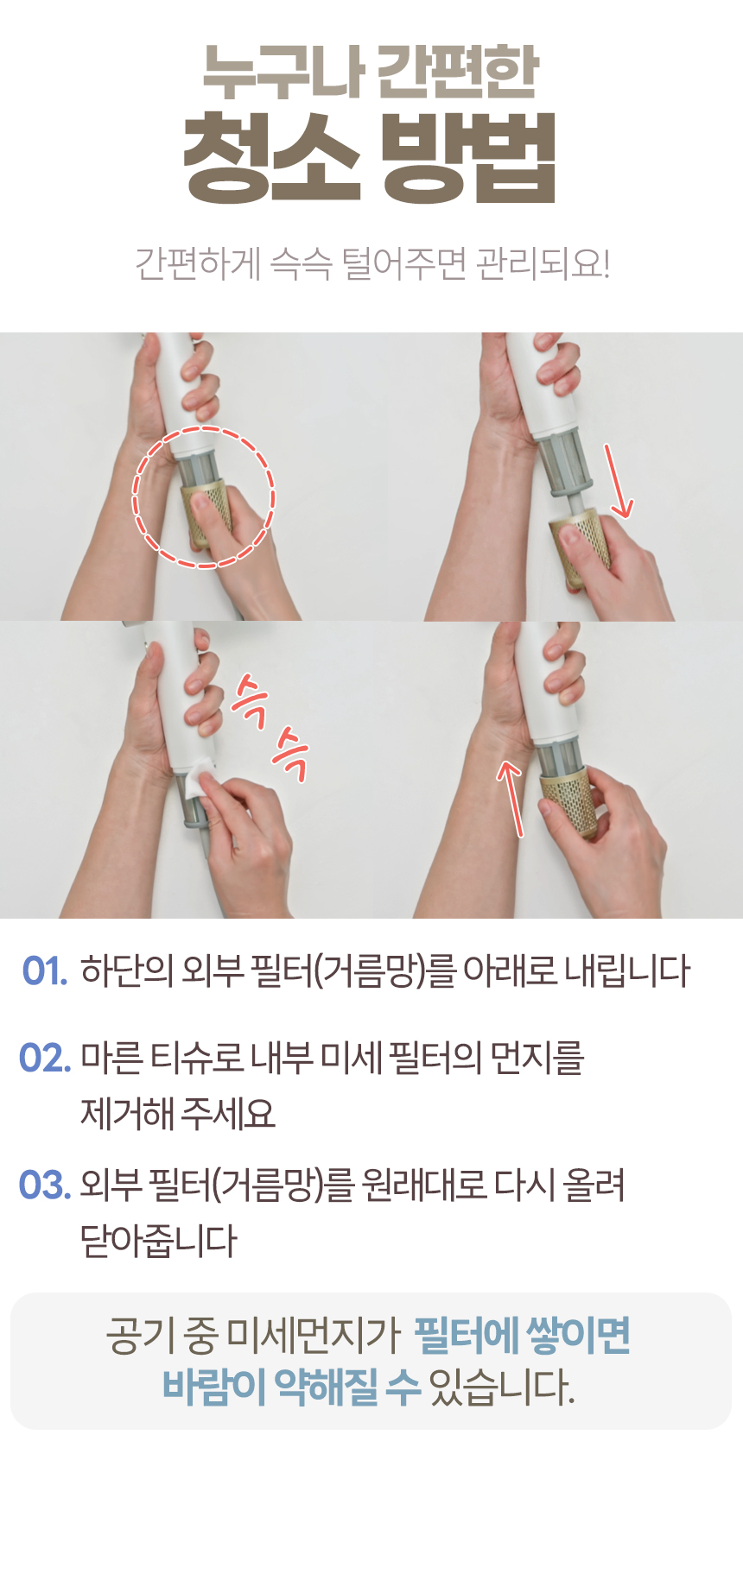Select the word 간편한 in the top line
coord(459,71)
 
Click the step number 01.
coord(45,971)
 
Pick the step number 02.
coord(45,1059)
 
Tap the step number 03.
coord(45,1185)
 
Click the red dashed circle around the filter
coord(204,427)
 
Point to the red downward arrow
coord(619,481)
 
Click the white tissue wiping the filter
coord(199,779)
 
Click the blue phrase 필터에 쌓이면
coord(523,1336)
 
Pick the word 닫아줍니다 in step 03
coord(158,1242)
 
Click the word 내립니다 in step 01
coord(627,971)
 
